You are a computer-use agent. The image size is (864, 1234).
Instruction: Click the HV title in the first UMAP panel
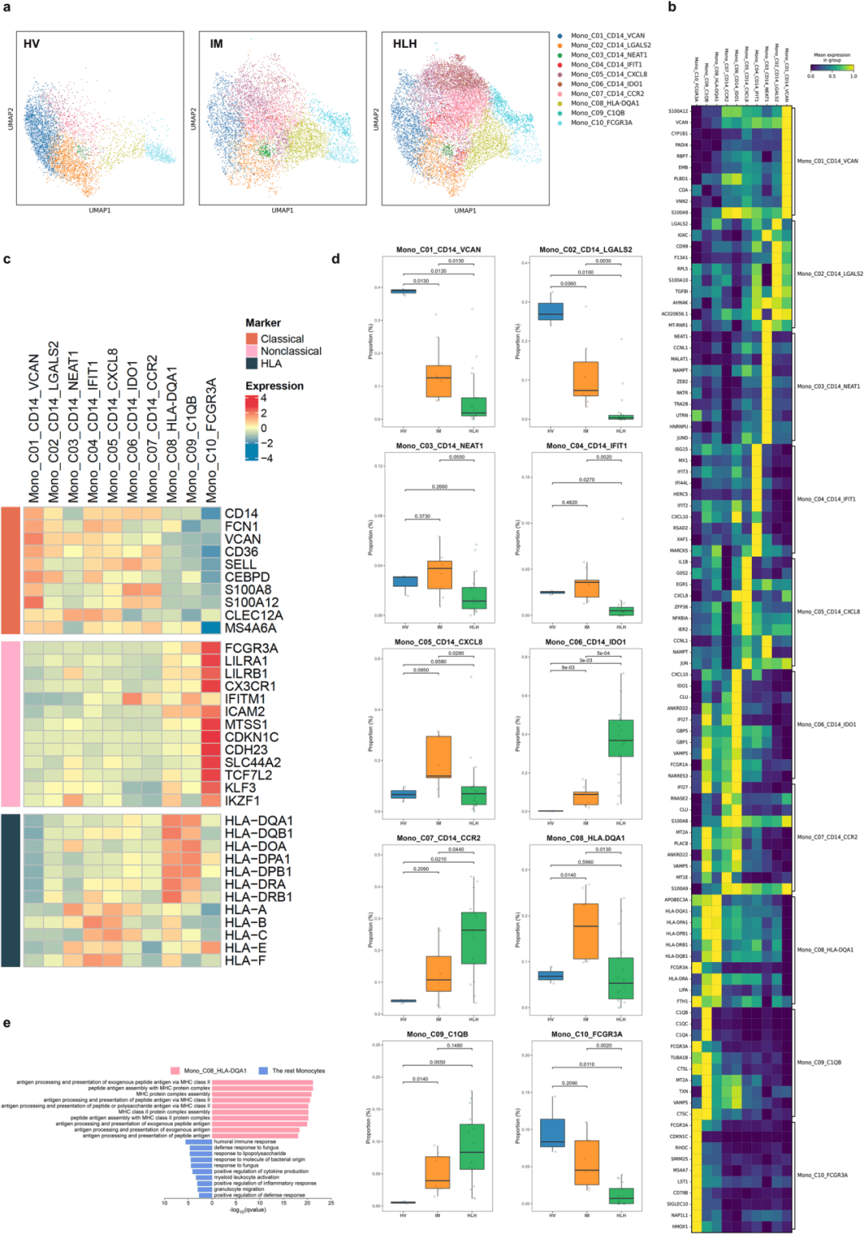coord(31,44)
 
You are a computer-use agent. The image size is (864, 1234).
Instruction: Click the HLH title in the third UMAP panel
coord(405,44)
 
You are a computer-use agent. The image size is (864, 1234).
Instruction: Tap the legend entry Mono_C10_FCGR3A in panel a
coord(601,122)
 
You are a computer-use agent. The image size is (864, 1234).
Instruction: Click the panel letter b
coord(672,7)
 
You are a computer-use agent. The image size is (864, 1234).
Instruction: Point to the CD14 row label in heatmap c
coord(242,513)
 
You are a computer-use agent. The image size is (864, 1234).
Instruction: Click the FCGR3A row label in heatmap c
coord(251,648)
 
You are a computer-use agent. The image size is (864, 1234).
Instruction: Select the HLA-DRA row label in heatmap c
coord(255,884)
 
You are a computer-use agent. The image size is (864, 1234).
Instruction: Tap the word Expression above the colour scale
coord(274,385)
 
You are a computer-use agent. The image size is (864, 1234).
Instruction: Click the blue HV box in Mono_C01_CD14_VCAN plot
coord(403,291)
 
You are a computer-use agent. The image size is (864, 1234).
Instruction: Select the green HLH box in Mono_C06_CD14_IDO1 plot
coord(621,738)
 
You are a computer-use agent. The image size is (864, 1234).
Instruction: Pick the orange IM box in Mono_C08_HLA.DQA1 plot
coord(586,931)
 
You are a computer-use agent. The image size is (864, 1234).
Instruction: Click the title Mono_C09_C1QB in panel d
coord(438,1034)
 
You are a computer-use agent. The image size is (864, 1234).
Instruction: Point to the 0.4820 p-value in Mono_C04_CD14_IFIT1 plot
coord(569,503)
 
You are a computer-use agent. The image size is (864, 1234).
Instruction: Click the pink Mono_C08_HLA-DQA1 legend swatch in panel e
coord(175,1071)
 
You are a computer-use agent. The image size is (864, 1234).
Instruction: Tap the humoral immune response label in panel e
coord(245,1142)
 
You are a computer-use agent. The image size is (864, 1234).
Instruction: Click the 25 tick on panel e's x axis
coord(330,1203)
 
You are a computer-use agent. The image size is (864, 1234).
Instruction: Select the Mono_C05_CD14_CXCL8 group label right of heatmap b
coord(828,612)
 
